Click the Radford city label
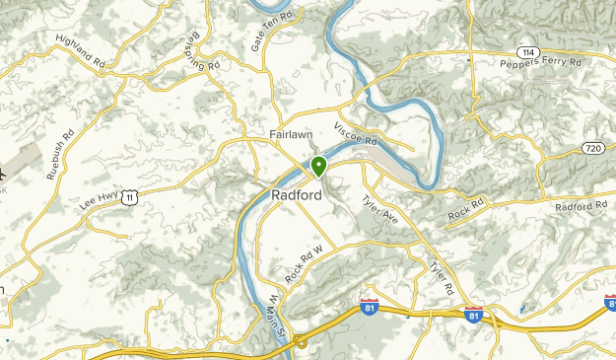pyautogui.click(x=297, y=195)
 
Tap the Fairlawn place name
pyautogui.click(x=292, y=135)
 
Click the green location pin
pyautogui.click(x=318, y=167)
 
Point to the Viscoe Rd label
pyautogui.click(x=356, y=135)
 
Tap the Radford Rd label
pyautogui.click(x=582, y=206)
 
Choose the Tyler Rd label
pyautogui.click(x=441, y=275)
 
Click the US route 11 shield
pyautogui.click(x=144, y=198)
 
